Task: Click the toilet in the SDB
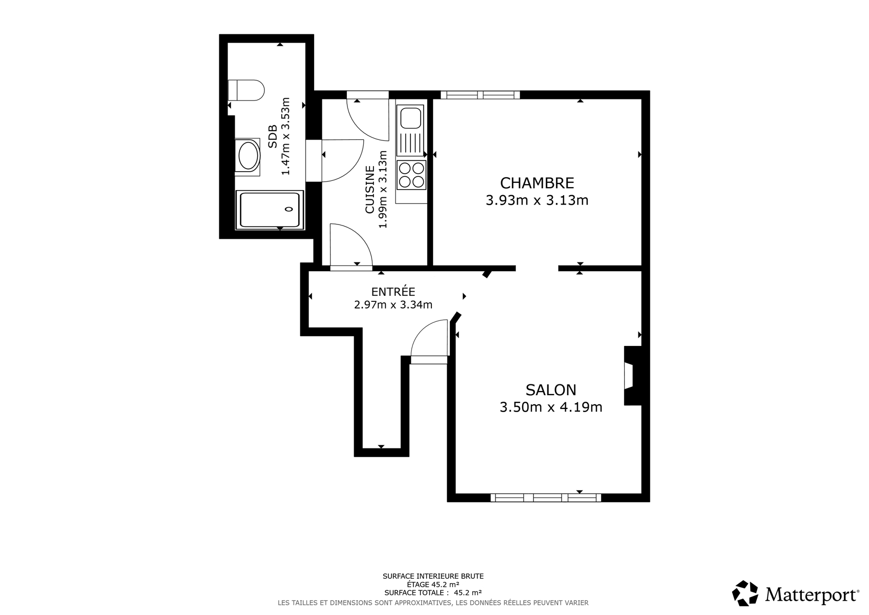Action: point(245,90)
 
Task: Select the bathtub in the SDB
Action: point(270,210)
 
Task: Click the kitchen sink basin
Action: point(410,118)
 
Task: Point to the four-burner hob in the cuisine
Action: point(411,175)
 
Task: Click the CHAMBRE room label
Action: point(537,183)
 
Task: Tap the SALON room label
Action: point(551,389)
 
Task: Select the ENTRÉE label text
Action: point(393,291)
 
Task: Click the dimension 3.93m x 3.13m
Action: point(537,200)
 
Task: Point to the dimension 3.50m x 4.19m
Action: point(551,407)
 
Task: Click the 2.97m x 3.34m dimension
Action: point(393,305)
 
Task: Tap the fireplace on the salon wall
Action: point(632,376)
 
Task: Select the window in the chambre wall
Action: point(480,95)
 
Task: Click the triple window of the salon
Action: point(546,498)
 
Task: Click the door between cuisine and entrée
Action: point(351,245)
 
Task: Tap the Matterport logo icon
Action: point(745,593)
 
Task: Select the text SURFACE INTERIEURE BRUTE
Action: point(433,576)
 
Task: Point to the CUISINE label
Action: point(370,190)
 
